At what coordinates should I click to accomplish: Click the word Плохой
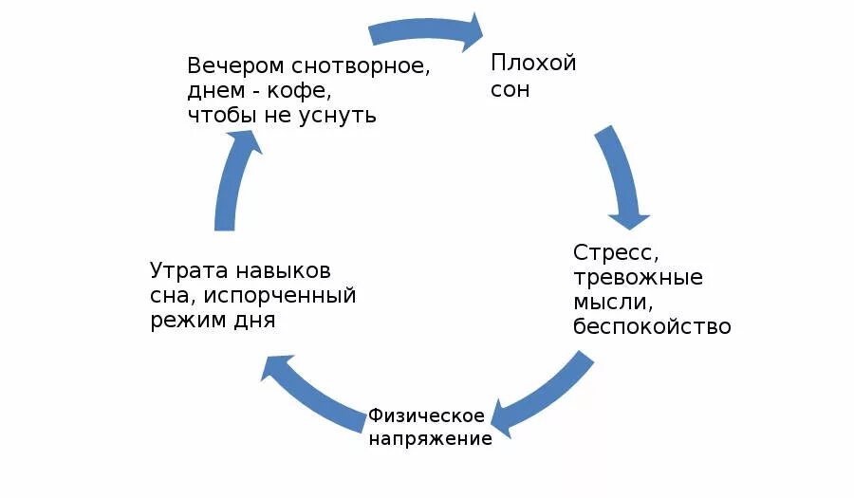pos(533,64)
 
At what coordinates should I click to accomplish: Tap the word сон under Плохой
pos(510,91)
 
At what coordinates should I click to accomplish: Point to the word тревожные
pos(638,278)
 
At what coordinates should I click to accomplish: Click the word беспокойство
pos(652,327)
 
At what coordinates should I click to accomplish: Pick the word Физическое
pos(427,415)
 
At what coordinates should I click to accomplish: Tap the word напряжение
pos(431,439)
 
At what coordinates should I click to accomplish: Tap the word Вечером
pos(235,66)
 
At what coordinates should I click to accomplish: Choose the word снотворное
pos(361,66)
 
